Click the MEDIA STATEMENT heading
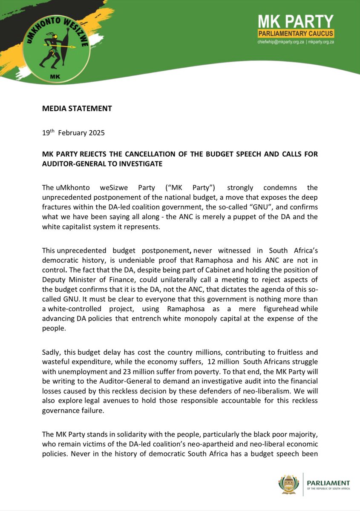point(77,109)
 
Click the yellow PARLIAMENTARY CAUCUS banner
point(296,34)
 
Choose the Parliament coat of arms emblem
point(289,485)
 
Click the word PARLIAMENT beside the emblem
point(328,483)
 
